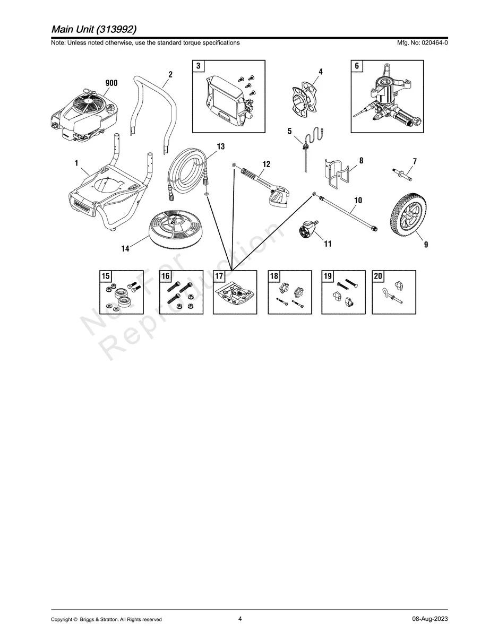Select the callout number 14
click(125, 248)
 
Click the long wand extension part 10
click(345, 211)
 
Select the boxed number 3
click(198, 66)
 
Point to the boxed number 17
click(219, 276)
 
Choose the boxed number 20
click(378, 276)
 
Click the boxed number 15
click(106, 276)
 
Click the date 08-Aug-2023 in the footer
click(430, 619)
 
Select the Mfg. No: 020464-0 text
click(422, 42)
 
